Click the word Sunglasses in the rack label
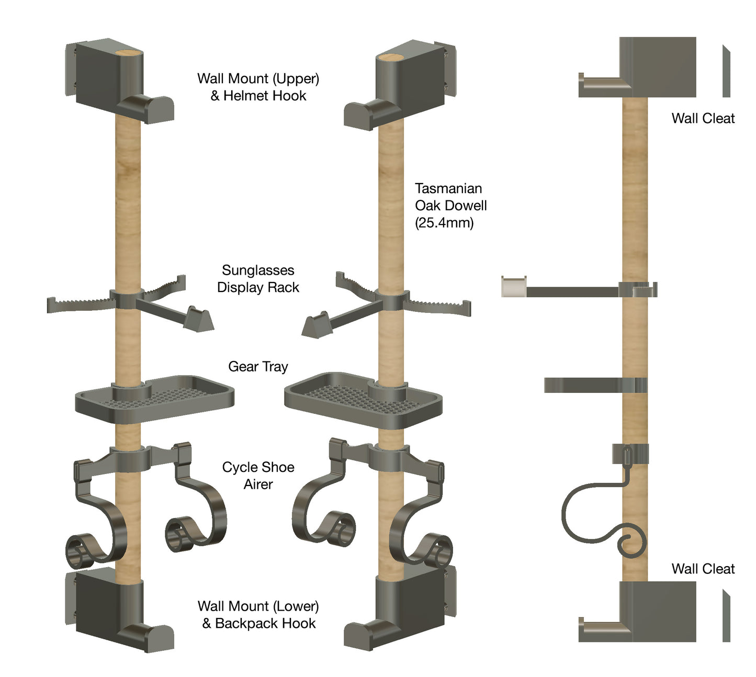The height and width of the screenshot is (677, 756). [258, 270]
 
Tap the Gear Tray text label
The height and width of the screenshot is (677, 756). [258, 367]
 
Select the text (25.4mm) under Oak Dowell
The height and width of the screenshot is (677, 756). [444, 223]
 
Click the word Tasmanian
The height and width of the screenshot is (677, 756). [448, 188]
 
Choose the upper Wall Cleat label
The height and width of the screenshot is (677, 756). [703, 118]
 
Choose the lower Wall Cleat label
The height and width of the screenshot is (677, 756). [703, 569]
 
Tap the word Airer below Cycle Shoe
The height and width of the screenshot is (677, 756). [258, 484]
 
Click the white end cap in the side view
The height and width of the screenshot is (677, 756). [513, 287]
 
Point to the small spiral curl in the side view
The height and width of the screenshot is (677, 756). [631, 544]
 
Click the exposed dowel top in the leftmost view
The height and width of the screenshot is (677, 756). [128, 53]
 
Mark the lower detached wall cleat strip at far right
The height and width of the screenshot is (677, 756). [726, 616]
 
